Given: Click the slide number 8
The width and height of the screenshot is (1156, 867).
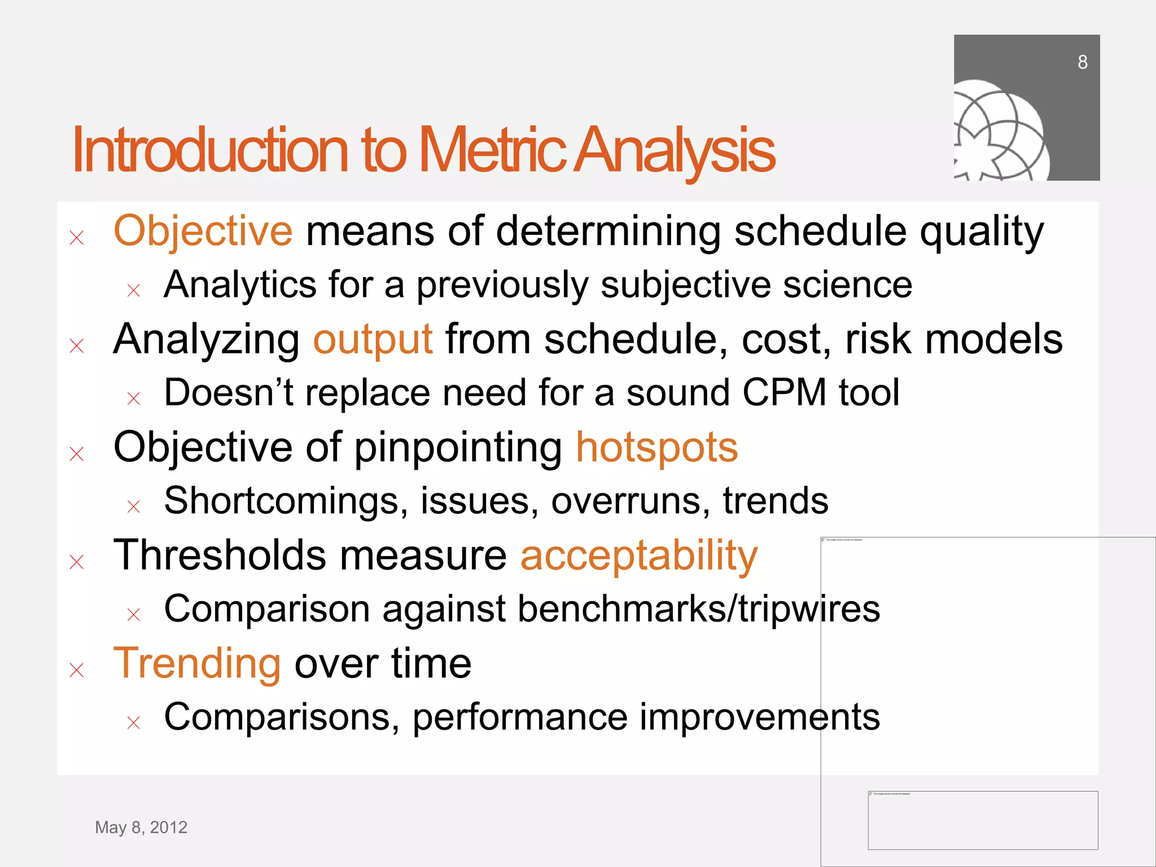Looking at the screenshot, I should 1082,62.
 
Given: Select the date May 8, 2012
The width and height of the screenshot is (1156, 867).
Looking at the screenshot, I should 141,827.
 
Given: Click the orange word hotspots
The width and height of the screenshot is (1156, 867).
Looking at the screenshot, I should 656,448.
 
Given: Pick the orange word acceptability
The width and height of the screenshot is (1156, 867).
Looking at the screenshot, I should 638,556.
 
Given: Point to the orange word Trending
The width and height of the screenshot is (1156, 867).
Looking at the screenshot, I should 197,664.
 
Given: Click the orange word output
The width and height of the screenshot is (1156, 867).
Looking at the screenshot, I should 373,339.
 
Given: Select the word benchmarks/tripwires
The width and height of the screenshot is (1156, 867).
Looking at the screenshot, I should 698,609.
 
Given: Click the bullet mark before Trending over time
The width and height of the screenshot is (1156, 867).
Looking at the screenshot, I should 77,670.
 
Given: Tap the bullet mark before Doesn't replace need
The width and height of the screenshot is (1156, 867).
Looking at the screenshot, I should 134,399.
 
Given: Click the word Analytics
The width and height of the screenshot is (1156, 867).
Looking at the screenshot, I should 240,284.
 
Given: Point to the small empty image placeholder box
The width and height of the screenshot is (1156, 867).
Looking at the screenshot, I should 982,820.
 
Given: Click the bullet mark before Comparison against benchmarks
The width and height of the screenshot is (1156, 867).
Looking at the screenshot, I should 134,614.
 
